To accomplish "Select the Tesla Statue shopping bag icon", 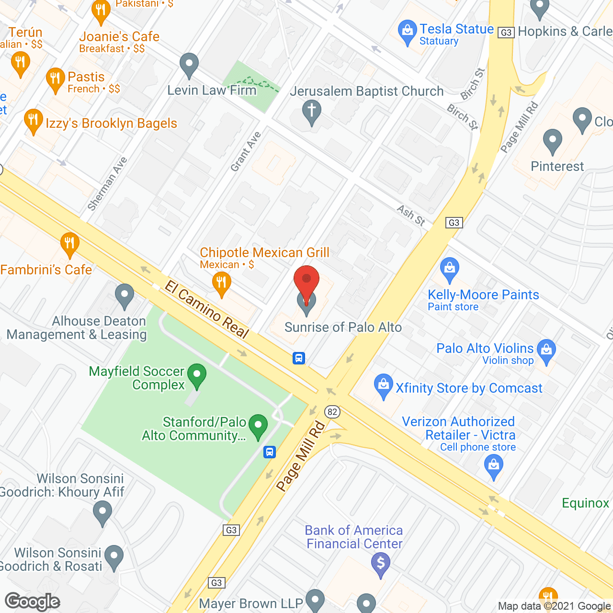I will pos(407,32).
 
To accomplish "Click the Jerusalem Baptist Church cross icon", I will pos(311,111).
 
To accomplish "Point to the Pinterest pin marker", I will pos(552,140).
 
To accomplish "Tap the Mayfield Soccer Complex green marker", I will pos(196,375).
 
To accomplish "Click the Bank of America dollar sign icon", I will pos(381,563).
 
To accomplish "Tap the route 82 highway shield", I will pos(332,411).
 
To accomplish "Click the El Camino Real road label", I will pos(207,309).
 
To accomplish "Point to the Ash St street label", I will pos(411,215).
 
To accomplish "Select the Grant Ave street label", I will pos(246,151).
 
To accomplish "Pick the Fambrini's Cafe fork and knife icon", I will pos(70,244).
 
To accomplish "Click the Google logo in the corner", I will pos(33,602).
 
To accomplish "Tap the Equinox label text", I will pos(585,503).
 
